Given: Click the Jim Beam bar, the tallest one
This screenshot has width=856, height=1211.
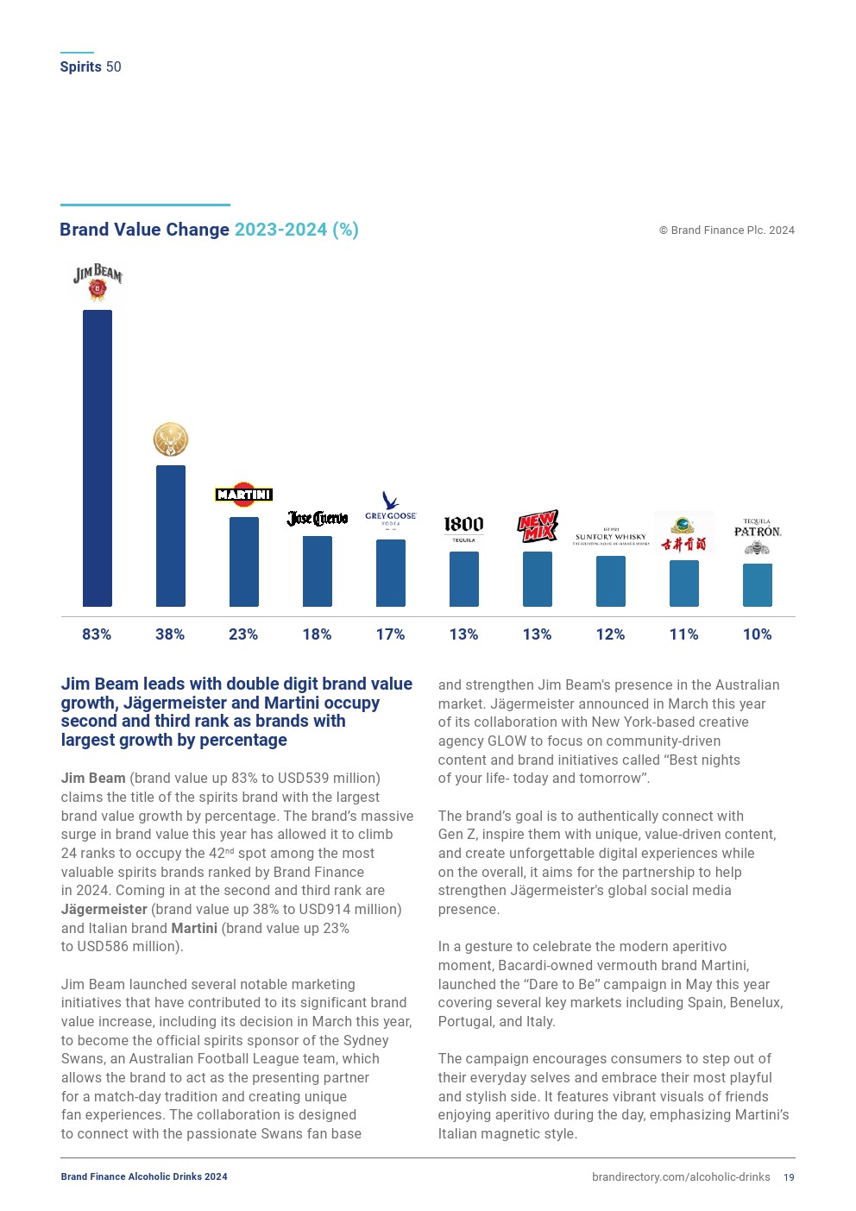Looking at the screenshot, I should coord(97,457).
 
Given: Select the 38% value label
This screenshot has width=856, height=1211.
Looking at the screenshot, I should coord(170,634).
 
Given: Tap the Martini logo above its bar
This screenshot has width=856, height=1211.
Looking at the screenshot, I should coord(244,495).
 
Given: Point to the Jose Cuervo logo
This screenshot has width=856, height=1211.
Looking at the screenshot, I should coord(318,518).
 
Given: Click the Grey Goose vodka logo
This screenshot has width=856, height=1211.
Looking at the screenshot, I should coord(391,509).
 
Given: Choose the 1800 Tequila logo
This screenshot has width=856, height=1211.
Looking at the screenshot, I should coord(463,527).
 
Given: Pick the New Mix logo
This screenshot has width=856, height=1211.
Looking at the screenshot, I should coord(538,526).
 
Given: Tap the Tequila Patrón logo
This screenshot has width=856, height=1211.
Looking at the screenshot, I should coord(758,535).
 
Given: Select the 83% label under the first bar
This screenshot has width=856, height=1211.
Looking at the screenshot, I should coord(97,634).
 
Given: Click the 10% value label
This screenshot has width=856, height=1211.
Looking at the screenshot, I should coord(758,634).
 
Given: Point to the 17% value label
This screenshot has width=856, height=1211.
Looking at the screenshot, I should coord(390,634).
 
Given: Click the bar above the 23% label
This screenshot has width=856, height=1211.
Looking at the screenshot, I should coord(244,561).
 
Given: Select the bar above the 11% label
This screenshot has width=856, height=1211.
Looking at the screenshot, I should coord(684,583).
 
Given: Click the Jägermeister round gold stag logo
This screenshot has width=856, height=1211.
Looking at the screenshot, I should coord(171,440).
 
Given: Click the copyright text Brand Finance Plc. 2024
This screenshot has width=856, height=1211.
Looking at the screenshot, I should coord(727,230).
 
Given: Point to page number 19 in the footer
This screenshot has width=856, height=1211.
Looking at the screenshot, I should coord(789,1177).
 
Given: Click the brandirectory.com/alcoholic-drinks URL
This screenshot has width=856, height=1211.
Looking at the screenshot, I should coord(681,1177).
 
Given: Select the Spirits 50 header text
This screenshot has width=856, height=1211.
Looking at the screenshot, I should coord(91,67).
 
